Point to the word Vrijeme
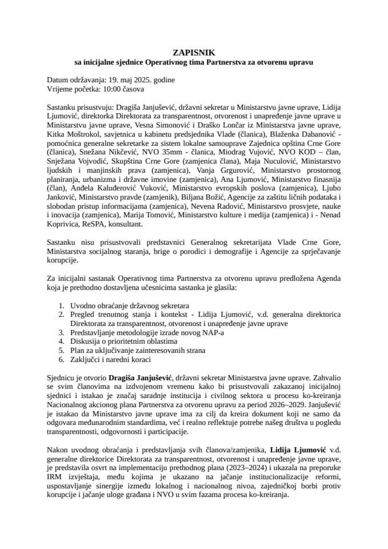point(61,89)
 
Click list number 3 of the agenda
point(61,332)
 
